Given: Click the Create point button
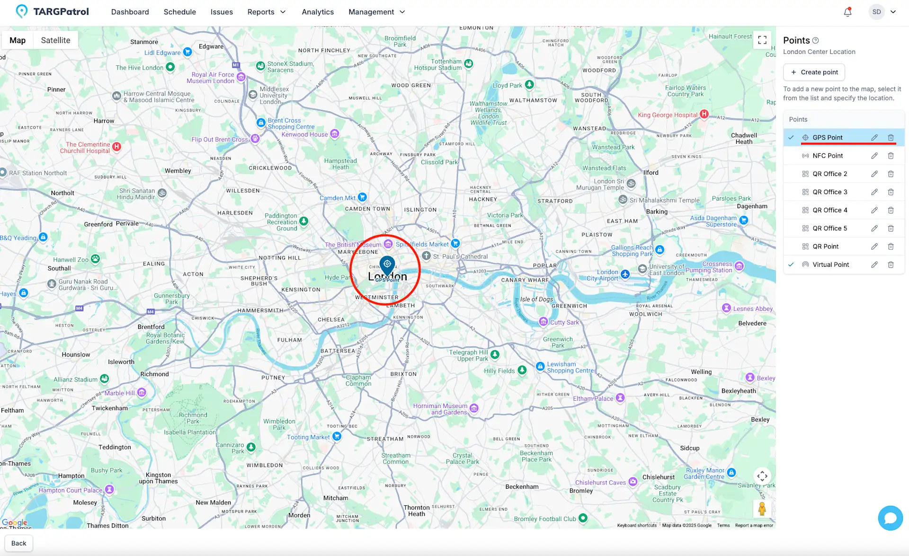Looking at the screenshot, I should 814,72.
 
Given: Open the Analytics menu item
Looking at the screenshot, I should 317,12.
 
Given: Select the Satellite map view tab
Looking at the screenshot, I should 55,40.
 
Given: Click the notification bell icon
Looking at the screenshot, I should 847,12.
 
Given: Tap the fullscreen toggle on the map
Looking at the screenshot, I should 762,40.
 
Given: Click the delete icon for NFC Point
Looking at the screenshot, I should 891,156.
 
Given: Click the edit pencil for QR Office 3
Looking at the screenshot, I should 874,192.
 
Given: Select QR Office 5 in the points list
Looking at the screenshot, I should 829,229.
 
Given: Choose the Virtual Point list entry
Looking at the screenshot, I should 830,265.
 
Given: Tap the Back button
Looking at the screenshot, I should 18,543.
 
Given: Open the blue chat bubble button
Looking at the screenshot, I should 890,518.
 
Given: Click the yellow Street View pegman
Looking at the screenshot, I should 762,509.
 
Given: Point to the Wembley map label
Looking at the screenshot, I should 178,171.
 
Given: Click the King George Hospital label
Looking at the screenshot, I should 667,115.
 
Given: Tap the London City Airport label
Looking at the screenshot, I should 604,275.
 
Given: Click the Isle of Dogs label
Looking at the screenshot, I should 536,299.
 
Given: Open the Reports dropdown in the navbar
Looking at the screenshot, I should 267,12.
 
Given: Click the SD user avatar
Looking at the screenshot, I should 876,12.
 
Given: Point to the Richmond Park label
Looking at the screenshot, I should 193,418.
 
